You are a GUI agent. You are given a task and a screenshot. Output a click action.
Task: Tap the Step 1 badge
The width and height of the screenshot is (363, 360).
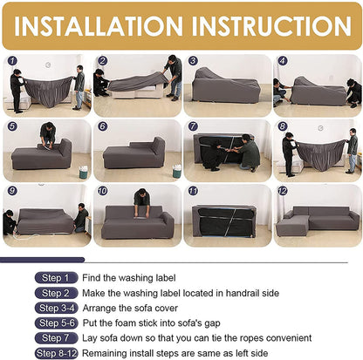point(54,278)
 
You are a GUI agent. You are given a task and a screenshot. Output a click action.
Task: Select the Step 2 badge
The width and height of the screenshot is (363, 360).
point(54,293)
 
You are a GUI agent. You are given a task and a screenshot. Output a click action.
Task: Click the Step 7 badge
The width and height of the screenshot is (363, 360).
point(54,338)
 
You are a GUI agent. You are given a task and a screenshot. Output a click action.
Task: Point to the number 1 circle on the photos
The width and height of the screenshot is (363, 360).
point(11,61)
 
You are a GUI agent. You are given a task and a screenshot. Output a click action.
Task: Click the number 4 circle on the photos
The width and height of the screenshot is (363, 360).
point(282,61)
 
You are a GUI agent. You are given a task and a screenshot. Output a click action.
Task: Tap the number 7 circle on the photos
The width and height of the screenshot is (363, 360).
point(192,126)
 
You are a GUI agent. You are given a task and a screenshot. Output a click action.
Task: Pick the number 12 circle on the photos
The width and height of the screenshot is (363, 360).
point(282,190)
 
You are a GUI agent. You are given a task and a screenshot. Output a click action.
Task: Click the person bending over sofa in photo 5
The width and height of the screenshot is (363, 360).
point(48,135)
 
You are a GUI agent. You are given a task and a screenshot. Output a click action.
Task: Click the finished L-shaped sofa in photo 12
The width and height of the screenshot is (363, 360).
point(318,221)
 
